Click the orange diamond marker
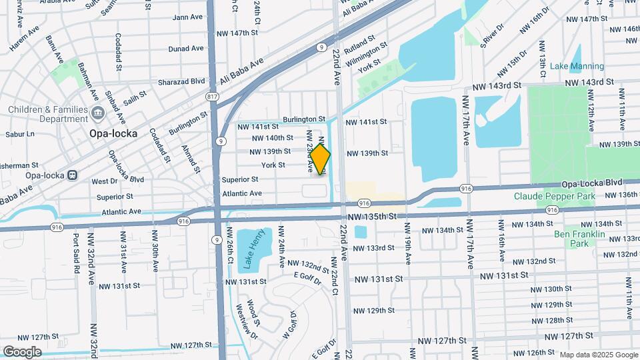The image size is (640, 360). pyautogui.click(x=321, y=160)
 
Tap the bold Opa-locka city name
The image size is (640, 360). pyautogui.click(x=113, y=133)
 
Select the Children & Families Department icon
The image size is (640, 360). pyautogui.click(x=98, y=111)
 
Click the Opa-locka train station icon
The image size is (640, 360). pyautogui.click(x=71, y=175)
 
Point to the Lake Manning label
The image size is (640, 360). pyautogui.click(x=577, y=66)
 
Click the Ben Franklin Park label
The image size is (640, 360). pyautogui.click(x=579, y=239)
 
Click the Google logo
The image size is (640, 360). pyautogui.click(x=22, y=351)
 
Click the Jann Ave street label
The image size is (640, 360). pyautogui.click(x=188, y=17)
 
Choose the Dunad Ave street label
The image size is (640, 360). pyautogui.click(x=186, y=49)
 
